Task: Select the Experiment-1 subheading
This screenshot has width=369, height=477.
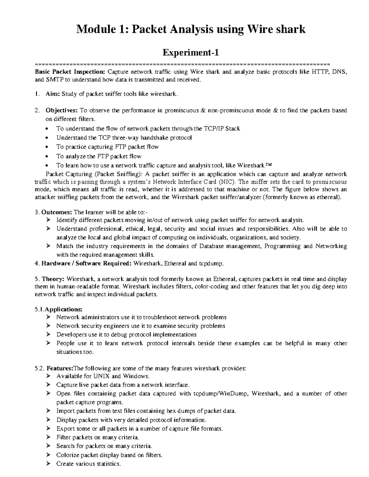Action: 191,53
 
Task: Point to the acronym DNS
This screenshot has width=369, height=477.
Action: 340,72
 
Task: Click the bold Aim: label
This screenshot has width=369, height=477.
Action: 53,94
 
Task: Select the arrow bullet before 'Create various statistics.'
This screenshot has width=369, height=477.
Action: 48,463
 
